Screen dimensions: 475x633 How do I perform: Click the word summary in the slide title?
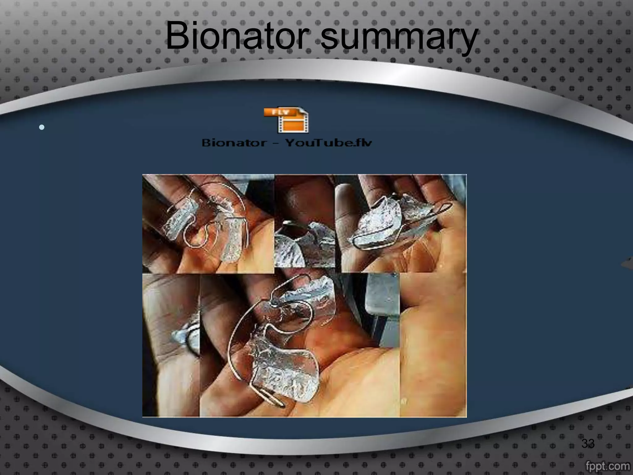pos(399,39)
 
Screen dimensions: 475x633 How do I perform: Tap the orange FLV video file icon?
pos(286,120)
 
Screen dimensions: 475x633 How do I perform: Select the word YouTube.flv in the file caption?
pos(328,143)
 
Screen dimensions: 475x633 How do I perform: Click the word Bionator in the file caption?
pos(234,143)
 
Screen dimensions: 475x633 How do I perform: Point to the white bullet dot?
pos(42,127)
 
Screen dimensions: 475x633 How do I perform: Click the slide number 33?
pos(588,443)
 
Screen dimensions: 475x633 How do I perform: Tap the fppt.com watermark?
pos(607,466)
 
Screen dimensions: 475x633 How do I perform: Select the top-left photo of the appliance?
pos(208,224)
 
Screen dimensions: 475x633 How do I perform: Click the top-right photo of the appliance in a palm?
pos(403,224)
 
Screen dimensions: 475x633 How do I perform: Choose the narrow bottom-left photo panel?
pos(171,345)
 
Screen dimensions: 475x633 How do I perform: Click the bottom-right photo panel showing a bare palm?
pos(433,345)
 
